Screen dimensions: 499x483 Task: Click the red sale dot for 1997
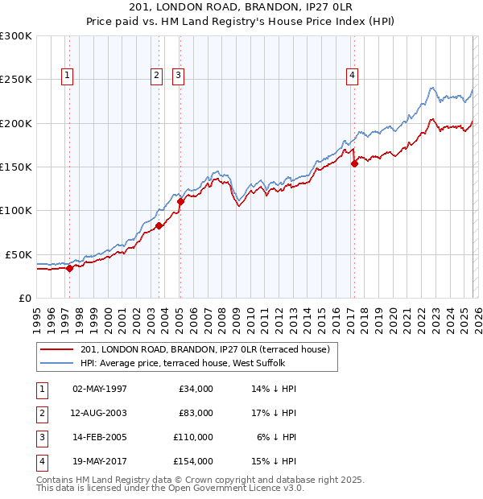coord(69,269)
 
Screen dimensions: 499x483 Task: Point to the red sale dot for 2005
coord(180,202)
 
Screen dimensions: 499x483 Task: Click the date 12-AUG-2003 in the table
coord(100,413)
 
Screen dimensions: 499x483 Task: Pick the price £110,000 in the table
coord(193,437)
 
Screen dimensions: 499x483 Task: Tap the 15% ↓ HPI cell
coord(274,461)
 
